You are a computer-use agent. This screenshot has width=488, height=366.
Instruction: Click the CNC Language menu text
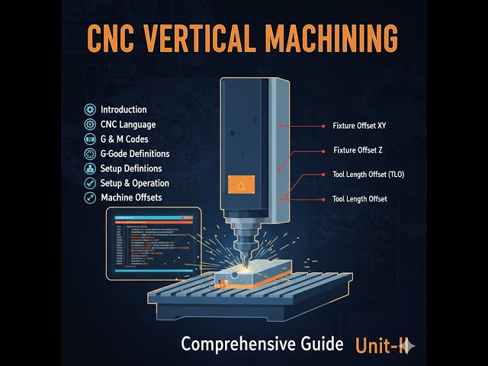(128, 124)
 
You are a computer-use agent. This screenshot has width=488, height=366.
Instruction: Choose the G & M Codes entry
(124, 139)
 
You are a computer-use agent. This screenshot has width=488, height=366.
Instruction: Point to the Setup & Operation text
(135, 183)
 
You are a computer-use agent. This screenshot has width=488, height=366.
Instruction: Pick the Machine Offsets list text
(130, 197)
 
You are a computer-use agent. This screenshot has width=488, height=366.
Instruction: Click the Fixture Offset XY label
(360, 124)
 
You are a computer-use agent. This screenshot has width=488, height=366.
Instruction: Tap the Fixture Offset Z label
(358, 150)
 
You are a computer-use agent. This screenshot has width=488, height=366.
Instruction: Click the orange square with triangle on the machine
(239, 185)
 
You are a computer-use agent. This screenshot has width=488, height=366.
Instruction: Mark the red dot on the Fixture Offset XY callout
(281, 124)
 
